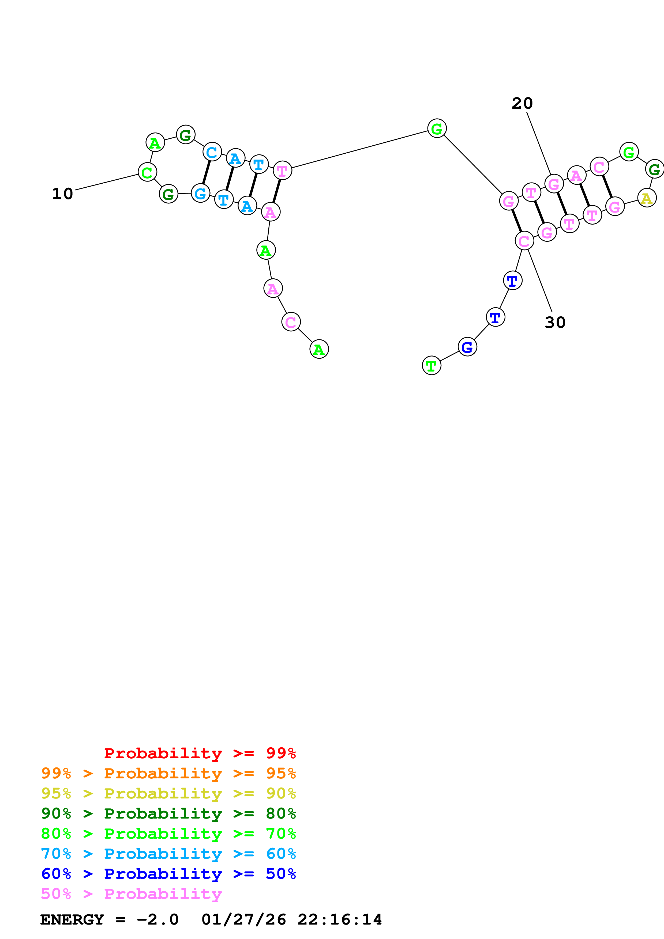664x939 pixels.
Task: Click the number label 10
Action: [x=63, y=194]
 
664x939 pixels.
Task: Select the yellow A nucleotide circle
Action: [x=646, y=198]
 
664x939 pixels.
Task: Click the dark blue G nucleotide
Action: [x=467, y=347]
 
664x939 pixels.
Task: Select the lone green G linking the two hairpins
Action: [x=437, y=128]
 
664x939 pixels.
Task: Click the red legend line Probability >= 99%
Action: [x=200, y=753]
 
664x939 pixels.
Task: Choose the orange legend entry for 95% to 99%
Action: [x=168, y=773]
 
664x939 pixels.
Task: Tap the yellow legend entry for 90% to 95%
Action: [x=168, y=793]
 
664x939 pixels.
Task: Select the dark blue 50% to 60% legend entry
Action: [x=168, y=874]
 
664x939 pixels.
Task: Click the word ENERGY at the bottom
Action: [x=72, y=919]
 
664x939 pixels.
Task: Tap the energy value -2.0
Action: [x=157, y=919]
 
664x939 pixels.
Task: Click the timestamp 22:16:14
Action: [x=340, y=919]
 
